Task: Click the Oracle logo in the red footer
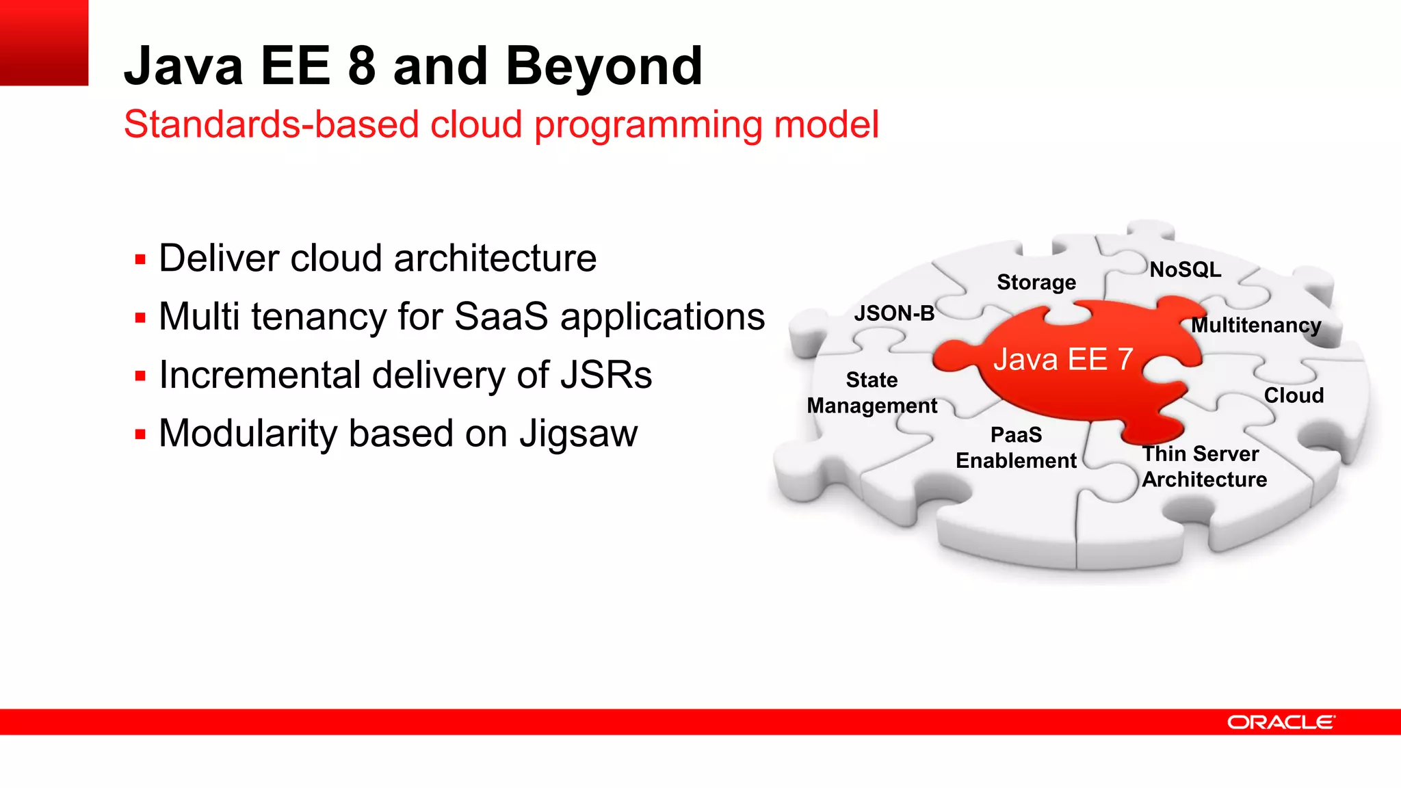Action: tap(1280, 722)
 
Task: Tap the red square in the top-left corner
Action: tap(44, 42)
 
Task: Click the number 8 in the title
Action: tap(362, 66)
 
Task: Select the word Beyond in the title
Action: tap(604, 66)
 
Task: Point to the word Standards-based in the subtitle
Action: tap(271, 124)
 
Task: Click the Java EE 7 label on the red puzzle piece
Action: tap(1063, 359)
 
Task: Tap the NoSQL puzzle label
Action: tap(1185, 270)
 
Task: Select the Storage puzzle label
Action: tap(1036, 282)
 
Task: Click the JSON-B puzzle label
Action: tap(894, 313)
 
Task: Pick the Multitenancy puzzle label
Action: tap(1256, 325)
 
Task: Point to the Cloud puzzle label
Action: tap(1294, 395)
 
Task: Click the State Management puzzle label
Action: tap(872, 393)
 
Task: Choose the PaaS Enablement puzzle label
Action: tap(1016, 447)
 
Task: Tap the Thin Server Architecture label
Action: tap(1204, 467)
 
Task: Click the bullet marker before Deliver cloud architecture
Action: tap(140, 260)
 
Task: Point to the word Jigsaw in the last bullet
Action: tap(578, 434)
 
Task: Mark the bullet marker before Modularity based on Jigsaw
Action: tap(140, 434)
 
